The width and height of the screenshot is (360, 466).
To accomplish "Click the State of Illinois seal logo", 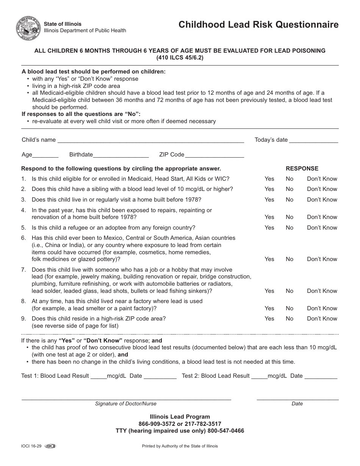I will (x=28, y=28).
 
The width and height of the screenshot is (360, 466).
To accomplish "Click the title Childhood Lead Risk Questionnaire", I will (x=258, y=25).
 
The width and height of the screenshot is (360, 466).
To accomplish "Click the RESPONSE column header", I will (x=302, y=169).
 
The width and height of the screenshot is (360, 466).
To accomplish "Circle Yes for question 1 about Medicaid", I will (x=269, y=179).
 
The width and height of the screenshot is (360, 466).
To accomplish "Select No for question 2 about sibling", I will (x=290, y=189).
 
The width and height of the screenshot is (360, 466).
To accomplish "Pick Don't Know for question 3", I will (x=322, y=200).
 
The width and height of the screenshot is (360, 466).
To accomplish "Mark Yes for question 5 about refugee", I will (x=269, y=228).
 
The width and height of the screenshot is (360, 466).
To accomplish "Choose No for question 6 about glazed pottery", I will (x=290, y=259).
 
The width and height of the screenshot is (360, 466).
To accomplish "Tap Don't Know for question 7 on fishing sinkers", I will (x=322, y=291).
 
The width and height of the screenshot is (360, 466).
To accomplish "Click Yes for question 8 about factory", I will (x=269, y=308).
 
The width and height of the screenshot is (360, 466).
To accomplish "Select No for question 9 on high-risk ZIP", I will (x=290, y=319).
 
